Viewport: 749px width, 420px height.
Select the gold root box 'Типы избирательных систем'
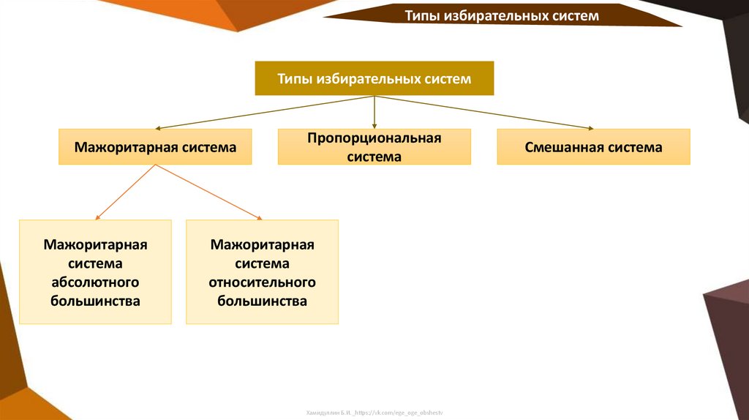[x=374, y=78]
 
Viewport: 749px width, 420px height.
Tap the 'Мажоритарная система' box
[x=155, y=147]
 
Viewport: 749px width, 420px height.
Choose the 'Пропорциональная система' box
[x=374, y=147]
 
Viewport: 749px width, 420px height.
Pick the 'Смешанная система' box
[x=593, y=147]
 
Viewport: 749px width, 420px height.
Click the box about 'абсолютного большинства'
[x=95, y=272]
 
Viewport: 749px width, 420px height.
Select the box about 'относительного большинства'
[x=262, y=272]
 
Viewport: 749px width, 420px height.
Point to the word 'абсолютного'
[x=95, y=282]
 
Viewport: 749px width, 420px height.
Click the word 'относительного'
[x=262, y=282]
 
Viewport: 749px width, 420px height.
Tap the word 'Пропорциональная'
[x=374, y=138]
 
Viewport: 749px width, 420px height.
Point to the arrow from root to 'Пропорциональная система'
[x=374, y=113]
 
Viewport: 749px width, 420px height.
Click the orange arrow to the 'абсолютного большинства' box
[x=126, y=192]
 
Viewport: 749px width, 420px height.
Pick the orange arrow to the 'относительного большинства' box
[x=208, y=192]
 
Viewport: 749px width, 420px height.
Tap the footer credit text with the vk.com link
[x=374, y=413]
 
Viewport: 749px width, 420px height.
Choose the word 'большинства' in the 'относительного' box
[x=262, y=301]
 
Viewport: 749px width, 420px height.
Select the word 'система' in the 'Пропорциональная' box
[x=374, y=157]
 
